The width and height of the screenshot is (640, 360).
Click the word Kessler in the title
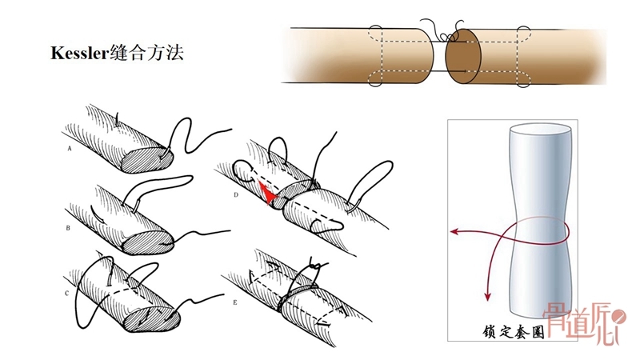79,53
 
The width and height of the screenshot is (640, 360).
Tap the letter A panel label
70,149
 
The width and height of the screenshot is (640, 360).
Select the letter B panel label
68,228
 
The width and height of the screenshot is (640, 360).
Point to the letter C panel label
67,294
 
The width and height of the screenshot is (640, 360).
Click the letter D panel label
236,195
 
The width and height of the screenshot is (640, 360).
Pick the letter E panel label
235,303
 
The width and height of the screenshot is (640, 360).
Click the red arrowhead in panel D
267,194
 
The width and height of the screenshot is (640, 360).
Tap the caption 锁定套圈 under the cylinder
513,332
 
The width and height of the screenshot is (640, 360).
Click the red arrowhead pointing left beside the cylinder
454,232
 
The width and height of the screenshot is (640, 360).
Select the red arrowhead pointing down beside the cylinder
487,296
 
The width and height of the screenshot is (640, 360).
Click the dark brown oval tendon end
463,56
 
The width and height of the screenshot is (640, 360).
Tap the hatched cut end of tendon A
147,159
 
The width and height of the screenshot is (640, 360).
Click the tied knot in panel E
314,266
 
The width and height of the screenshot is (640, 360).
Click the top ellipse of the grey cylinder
539,131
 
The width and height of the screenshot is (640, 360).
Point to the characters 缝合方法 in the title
146,53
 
